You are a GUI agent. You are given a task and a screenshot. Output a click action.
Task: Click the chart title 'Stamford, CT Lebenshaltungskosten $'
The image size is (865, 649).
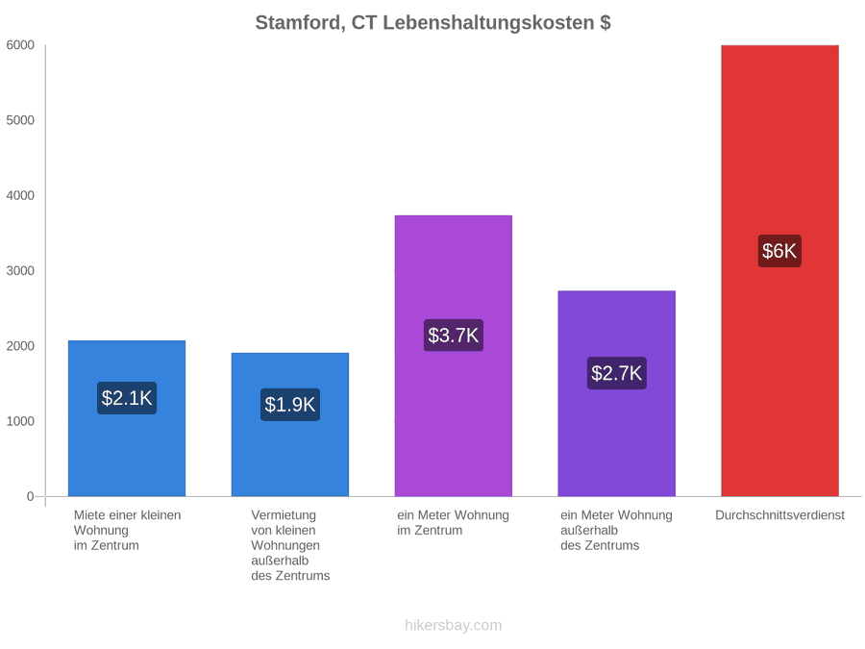click(x=432, y=23)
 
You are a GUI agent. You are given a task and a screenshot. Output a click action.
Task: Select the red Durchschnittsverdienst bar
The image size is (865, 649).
click(x=780, y=270)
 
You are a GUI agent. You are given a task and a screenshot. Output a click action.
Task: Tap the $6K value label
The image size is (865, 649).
click(x=779, y=251)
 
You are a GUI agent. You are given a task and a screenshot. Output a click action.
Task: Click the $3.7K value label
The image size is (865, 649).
click(x=454, y=335)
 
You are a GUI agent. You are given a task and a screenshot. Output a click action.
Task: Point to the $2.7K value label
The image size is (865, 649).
click(x=617, y=373)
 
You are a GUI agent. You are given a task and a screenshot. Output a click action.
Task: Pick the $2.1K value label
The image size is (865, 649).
click(x=127, y=398)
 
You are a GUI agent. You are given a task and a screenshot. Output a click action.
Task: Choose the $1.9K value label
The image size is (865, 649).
click(x=290, y=405)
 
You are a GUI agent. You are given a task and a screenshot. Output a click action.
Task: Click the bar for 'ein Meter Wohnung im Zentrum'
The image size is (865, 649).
click(x=454, y=356)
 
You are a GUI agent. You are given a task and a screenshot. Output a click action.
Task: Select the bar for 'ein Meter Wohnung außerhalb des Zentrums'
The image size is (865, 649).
click(x=617, y=393)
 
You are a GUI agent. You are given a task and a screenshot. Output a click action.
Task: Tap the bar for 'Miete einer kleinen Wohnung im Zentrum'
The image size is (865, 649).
click(x=127, y=418)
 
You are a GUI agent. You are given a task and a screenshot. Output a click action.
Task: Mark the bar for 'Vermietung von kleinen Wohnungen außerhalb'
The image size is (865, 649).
click(x=290, y=424)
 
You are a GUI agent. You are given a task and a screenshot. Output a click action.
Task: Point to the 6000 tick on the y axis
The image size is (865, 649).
click(x=20, y=45)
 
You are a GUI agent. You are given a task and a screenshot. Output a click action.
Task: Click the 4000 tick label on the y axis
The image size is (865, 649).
click(x=20, y=195)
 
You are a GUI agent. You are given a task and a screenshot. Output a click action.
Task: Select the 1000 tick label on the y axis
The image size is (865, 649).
click(x=20, y=421)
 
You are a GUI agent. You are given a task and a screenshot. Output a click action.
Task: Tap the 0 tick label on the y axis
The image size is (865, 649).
click(x=31, y=497)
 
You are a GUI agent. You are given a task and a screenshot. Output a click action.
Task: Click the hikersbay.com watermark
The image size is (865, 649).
click(x=454, y=625)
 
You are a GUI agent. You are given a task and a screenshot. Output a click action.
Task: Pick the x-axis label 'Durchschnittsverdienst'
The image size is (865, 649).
click(x=780, y=515)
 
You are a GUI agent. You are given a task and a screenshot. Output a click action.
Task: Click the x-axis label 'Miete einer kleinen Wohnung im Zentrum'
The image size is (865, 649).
click(x=128, y=531)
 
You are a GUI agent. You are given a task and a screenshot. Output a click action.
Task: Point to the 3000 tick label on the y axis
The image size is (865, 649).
click(x=20, y=271)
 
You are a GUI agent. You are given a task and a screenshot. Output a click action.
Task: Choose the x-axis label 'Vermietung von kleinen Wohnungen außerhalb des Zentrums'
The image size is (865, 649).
click(x=290, y=545)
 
